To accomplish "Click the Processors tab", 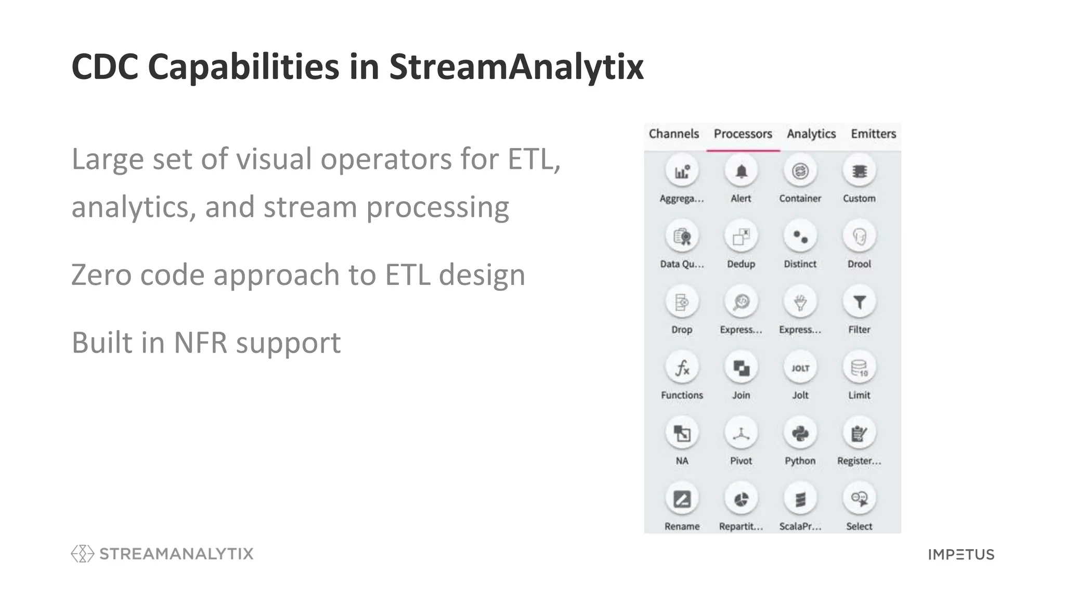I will click(x=743, y=134).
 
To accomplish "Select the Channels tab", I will click(x=673, y=134).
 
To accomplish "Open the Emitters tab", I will click(x=873, y=134).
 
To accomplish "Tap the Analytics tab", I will click(x=811, y=134).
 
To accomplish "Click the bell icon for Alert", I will click(x=741, y=171).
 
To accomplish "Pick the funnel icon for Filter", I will click(x=859, y=302).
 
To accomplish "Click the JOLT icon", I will click(x=800, y=368).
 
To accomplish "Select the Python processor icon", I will click(x=800, y=433).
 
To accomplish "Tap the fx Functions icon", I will click(x=682, y=368).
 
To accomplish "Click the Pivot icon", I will click(x=741, y=433).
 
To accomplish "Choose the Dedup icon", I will click(x=741, y=237).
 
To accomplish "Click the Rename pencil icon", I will click(x=682, y=499).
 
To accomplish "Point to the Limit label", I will click(x=859, y=395).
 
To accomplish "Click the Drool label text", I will click(x=859, y=264).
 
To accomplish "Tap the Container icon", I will click(x=800, y=171).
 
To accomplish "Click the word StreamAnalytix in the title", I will click(x=516, y=68).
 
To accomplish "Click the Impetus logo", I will click(x=961, y=554).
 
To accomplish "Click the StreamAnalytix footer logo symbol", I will click(x=82, y=554).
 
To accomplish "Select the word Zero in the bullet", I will click(x=101, y=275).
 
